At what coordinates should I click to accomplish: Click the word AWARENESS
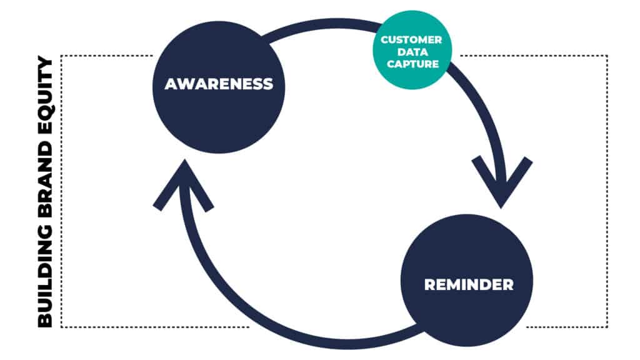click(219, 84)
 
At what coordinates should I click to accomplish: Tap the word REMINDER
click(469, 284)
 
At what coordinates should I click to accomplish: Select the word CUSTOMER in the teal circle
click(411, 39)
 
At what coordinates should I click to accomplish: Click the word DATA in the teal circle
click(412, 52)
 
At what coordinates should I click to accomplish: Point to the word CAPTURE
click(412, 64)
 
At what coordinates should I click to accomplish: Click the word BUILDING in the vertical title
click(45, 277)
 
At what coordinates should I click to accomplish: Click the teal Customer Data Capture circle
click(412, 50)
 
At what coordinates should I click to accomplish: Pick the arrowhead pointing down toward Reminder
click(502, 182)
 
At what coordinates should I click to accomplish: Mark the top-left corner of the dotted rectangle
click(61, 56)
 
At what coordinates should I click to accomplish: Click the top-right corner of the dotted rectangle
click(607, 56)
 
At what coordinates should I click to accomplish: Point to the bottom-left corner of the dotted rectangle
click(61, 327)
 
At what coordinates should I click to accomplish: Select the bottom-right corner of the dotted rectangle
click(607, 327)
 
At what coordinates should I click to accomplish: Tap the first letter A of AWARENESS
click(172, 84)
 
